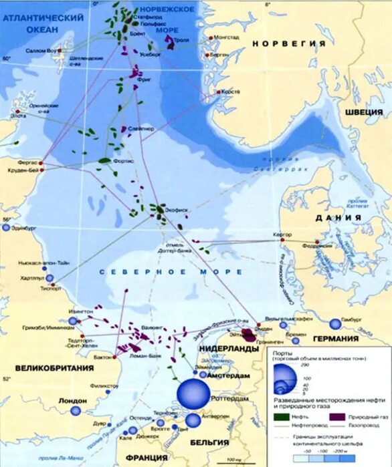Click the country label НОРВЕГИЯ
point(289,43)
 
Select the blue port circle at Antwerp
point(193,420)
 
